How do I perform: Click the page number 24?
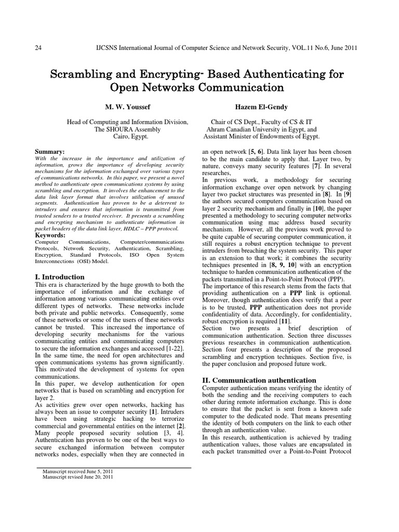38,48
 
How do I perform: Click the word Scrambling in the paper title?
84,74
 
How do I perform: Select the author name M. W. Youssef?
127,107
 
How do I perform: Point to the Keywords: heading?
51,235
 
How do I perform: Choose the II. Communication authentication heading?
258,380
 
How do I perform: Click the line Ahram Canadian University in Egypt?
261,129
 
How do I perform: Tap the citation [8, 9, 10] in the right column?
285,264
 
